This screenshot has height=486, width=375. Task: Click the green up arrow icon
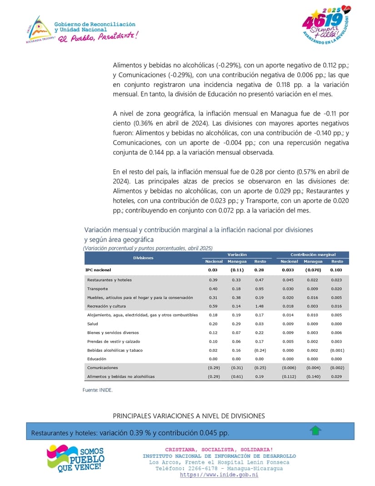click(x=315, y=430)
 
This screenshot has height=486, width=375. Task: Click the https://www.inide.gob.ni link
click(x=219, y=475)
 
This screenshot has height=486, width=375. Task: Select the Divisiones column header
click(x=143, y=258)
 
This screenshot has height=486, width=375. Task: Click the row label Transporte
click(x=98, y=289)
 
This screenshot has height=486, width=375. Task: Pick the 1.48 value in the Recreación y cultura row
click(x=260, y=306)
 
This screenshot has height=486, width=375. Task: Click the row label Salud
click(x=92, y=324)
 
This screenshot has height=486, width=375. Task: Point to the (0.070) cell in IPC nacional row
click(x=313, y=270)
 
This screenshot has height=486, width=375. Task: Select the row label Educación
click(x=97, y=359)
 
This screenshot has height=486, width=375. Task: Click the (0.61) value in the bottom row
click(x=237, y=376)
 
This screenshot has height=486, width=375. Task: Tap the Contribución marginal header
click(x=313, y=255)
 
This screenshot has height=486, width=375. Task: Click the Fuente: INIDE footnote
click(x=97, y=390)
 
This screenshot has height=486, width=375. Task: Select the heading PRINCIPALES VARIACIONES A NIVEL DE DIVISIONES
click(x=189, y=416)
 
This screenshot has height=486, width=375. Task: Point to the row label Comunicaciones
click(x=102, y=367)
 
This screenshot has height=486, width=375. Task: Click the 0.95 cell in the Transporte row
click(x=260, y=289)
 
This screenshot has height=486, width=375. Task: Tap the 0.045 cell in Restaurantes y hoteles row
click(x=289, y=280)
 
